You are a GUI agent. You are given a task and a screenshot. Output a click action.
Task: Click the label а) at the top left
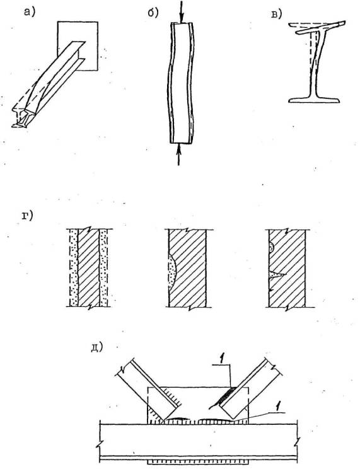30,12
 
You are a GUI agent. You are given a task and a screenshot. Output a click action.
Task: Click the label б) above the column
153,13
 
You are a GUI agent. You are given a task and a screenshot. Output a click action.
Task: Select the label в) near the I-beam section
277,14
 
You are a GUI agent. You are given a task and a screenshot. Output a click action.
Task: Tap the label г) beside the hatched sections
28,216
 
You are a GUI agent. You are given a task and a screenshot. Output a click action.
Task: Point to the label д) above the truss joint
96,348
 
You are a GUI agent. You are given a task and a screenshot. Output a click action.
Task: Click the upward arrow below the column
178,154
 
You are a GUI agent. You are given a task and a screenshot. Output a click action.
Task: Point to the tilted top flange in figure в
320,28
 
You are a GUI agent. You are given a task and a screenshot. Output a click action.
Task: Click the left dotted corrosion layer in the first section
74,267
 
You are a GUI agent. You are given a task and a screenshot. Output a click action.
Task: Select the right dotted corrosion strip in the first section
103,267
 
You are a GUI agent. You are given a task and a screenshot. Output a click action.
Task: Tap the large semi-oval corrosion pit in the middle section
172,270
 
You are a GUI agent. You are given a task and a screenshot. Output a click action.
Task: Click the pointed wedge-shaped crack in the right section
276,275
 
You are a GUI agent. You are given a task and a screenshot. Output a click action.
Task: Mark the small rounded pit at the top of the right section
271,247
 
